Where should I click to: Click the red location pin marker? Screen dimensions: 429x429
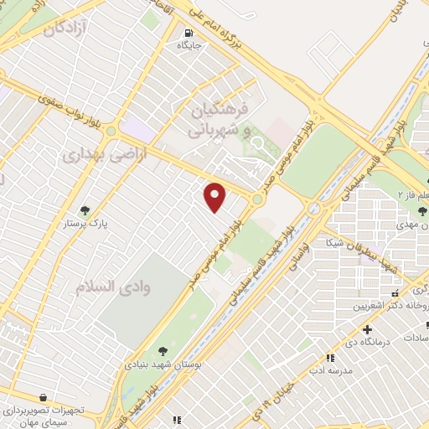pyautogui.click(x=215, y=198)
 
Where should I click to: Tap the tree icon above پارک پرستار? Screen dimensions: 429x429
pyautogui.click(x=84, y=210)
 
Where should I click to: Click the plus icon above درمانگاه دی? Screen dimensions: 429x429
pyautogui.click(x=367, y=329)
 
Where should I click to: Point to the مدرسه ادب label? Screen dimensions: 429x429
pyautogui.click(x=327, y=369)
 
